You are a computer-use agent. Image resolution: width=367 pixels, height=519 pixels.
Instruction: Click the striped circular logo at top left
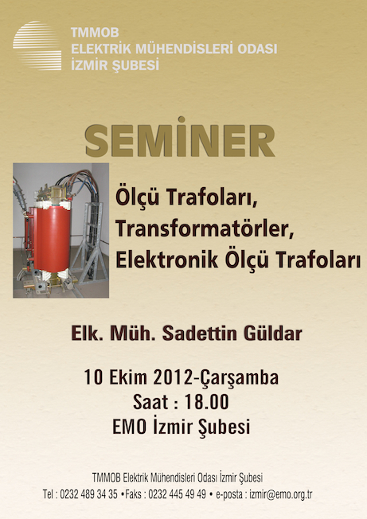37,45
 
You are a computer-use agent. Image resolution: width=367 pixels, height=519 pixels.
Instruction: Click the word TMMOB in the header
95,33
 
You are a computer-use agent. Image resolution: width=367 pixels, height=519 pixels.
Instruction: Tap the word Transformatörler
205,228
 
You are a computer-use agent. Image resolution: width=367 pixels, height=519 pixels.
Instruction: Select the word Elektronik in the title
167,259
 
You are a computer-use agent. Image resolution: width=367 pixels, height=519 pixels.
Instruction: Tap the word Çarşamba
240,378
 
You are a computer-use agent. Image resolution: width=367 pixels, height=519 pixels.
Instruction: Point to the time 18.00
206,402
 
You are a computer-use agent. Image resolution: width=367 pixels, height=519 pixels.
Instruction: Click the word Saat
150,402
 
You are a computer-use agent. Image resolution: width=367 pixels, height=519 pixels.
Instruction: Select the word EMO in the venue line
130,427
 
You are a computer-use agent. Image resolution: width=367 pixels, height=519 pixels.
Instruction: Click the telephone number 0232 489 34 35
88,494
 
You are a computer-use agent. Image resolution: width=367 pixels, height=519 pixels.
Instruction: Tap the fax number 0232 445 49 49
177,494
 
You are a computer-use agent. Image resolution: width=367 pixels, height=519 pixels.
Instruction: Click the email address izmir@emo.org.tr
281,494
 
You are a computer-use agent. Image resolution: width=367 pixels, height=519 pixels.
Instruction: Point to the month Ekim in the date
128,377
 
